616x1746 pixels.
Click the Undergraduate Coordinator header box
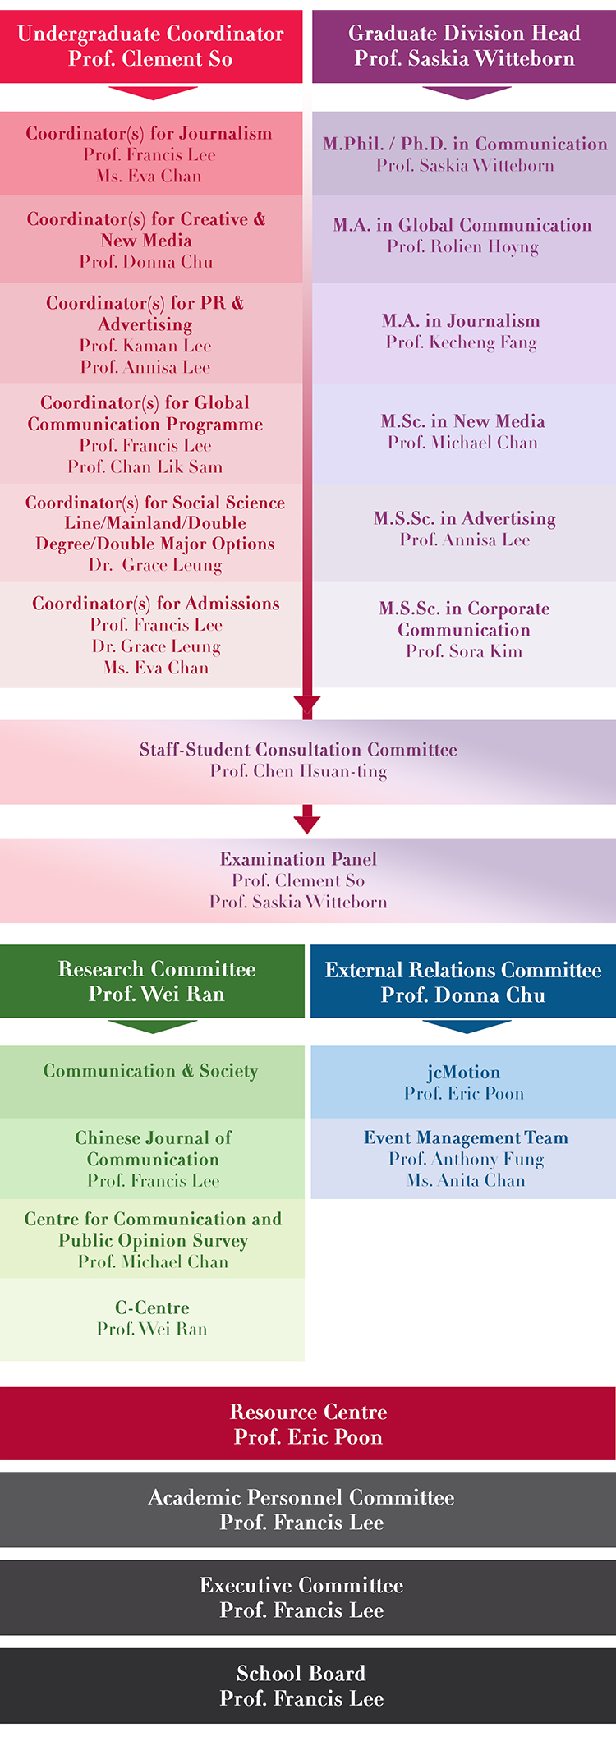[151, 46]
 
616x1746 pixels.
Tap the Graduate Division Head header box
[464, 46]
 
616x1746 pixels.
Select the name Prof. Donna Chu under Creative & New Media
[146, 262]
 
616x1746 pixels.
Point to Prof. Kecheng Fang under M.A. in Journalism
[462, 342]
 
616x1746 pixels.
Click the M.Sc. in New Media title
[463, 421]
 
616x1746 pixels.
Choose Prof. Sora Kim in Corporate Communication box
[464, 651]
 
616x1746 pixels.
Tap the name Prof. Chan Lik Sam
[145, 467]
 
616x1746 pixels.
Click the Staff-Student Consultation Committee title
[298, 750]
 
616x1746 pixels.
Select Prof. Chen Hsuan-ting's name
[298, 771]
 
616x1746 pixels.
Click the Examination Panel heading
[298, 859]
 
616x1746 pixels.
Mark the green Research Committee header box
[152, 981]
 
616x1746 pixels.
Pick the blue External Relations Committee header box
[463, 981]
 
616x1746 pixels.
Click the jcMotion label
[464, 1073]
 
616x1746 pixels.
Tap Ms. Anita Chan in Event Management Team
[466, 1181]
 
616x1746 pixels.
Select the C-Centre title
[152, 1307]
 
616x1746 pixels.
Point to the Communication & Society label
[151, 1071]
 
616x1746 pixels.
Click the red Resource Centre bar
[308, 1423]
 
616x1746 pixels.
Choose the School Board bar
[308, 1686]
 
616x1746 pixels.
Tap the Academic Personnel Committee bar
[308, 1509]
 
